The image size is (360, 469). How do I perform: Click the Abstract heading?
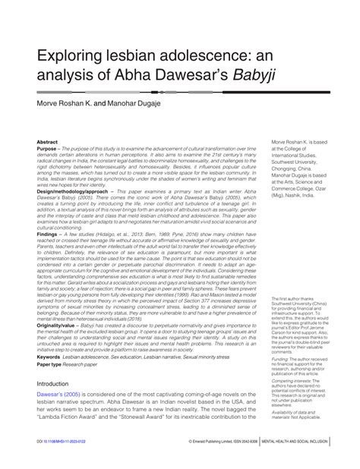[48, 142]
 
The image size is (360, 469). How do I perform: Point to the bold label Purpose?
[49, 149]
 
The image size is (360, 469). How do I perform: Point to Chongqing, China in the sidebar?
[298, 168]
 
